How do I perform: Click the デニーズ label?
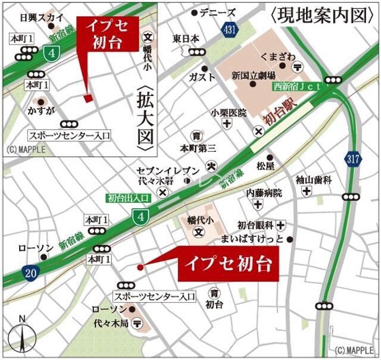point(218,12)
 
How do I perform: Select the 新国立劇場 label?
point(253,76)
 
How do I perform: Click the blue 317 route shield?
point(352,158)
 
